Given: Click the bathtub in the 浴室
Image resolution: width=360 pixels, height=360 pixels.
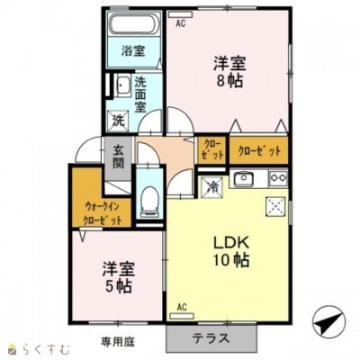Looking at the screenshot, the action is pos(134,23).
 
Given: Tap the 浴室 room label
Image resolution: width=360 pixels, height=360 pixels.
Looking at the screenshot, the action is pos(133,51).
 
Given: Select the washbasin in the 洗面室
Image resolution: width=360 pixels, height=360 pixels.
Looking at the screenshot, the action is pos(122,86).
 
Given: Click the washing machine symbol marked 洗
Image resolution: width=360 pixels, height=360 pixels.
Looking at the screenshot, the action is pos(118,121).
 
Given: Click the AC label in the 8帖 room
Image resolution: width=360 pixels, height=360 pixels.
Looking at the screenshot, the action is pos(181,23).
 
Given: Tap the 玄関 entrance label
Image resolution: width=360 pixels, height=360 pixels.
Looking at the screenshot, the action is pos(118,157).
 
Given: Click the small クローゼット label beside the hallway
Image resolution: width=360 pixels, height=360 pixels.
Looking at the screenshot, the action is pos(212,149).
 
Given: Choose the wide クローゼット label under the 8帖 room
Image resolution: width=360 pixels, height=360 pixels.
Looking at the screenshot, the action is pos(259,151).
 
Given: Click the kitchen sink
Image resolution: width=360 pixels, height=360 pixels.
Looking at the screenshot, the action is pos(244,179).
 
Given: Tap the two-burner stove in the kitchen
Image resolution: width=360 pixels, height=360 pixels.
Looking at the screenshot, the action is pos(278,177).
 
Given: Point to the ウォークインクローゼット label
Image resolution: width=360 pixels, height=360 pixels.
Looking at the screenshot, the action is pos(102,213).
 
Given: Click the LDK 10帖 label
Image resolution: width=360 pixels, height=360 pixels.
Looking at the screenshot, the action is pos(231,251).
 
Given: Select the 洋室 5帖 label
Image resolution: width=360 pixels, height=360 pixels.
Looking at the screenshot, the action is pos(119,278).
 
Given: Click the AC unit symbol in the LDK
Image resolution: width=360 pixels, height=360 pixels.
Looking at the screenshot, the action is pos(182,316).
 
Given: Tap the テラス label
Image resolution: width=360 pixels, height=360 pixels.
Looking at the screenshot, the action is pos(211,338).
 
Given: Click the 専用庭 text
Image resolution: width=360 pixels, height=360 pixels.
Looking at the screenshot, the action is pos(118,342).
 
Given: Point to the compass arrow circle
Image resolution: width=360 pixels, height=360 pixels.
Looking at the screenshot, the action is pos(328,323).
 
